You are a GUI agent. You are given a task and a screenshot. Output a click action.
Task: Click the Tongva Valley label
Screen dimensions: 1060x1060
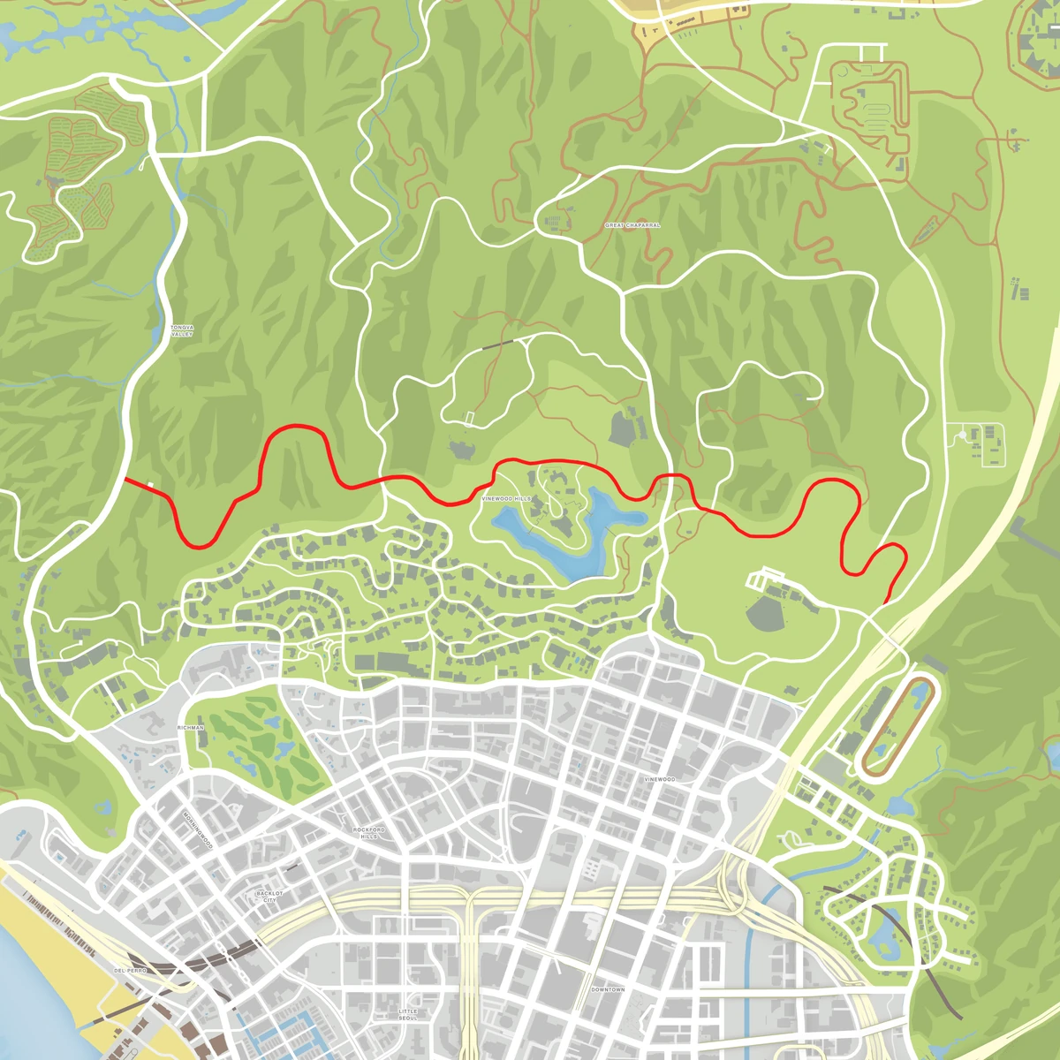(x=181, y=331)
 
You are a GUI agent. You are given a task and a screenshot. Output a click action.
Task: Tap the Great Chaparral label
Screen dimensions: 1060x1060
(x=632, y=225)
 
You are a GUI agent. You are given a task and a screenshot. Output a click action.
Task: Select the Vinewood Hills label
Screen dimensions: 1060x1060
(x=506, y=499)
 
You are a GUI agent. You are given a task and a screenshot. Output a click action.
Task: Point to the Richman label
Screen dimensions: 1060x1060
(x=190, y=728)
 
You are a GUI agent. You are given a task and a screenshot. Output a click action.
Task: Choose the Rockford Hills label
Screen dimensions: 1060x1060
(x=369, y=833)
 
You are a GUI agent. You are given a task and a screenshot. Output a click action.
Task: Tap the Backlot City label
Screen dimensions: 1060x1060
(x=269, y=897)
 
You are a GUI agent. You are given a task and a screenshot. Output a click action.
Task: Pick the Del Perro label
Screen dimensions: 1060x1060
(x=130, y=970)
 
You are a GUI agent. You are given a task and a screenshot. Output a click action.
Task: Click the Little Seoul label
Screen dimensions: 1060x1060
(x=407, y=1014)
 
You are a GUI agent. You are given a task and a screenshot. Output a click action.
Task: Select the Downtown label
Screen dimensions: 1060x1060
(x=608, y=989)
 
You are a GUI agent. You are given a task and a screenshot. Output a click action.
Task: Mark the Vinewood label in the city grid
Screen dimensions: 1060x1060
(x=659, y=779)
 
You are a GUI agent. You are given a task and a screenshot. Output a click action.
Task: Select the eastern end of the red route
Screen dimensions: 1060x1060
(x=883, y=602)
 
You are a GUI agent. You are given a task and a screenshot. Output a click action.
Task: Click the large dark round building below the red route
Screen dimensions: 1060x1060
(x=765, y=613)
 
